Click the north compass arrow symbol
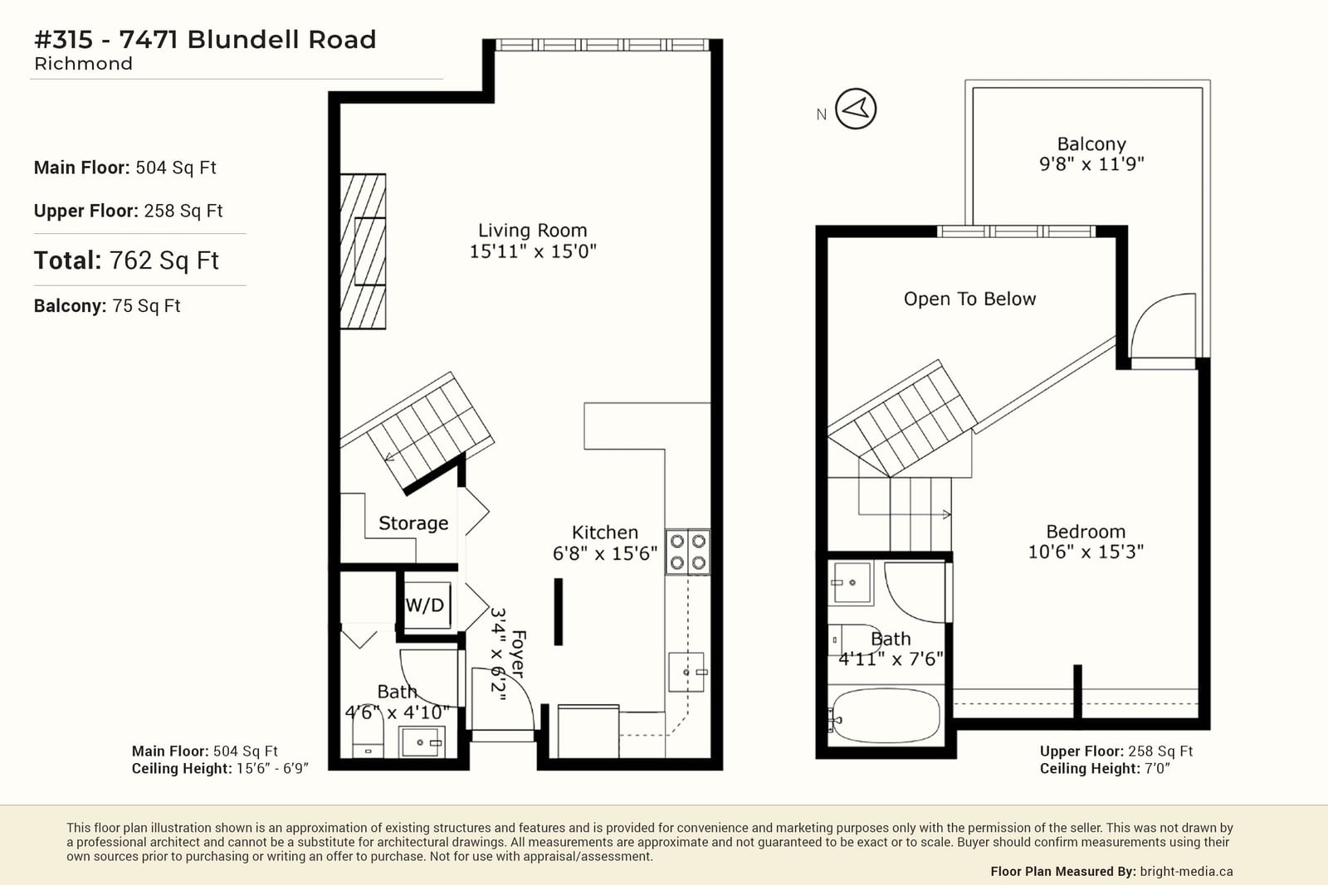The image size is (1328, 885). [x=856, y=109]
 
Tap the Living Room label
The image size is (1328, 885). [x=532, y=231]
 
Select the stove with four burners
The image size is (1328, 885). [x=687, y=552]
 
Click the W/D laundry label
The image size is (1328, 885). [x=424, y=605]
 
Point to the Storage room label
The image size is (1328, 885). [x=413, y=523]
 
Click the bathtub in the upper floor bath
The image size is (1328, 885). [x=886, y=716]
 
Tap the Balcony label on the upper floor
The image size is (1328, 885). [x=1091, y=144]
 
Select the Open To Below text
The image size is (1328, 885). [x=969, y=299]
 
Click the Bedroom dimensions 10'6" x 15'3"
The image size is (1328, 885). [x=1086, y=552]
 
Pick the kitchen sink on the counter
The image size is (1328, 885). [x=686, y=672]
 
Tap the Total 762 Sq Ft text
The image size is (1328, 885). [x=126, y=260]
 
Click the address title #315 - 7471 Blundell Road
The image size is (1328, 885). [x=205, y=39]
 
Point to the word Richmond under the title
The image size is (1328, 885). [x=83, y=64]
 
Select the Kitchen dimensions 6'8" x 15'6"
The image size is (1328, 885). [x=605, y=553]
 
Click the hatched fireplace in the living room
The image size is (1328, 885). [x=363, y=251]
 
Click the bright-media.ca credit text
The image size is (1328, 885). [x=1186, y=871]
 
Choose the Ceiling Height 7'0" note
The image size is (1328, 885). [x=1105, y=769]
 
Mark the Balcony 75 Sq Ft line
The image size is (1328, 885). [x=107, y=306]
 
